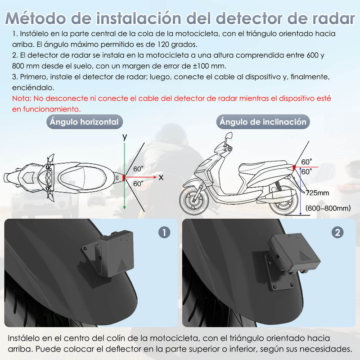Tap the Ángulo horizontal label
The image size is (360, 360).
point(85,122)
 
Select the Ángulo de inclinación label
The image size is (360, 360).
point(263,122)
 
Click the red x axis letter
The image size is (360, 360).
point(161,178)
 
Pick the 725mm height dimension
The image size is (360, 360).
point(317,193)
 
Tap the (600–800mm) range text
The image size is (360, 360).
point(328,208)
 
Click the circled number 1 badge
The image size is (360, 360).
point(165,232)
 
